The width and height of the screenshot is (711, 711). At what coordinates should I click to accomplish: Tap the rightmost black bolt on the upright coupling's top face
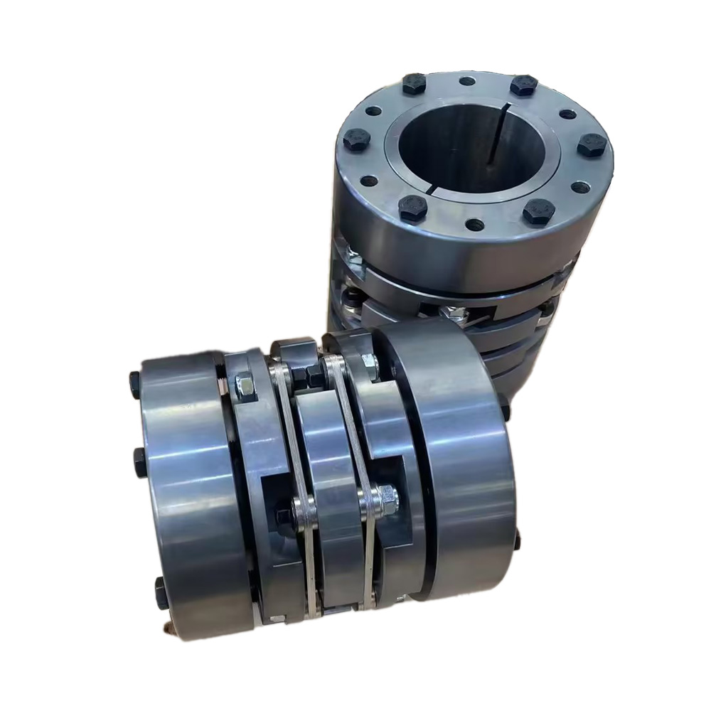point(592,145)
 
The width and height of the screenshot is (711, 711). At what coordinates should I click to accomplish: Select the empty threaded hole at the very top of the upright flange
point(467,80)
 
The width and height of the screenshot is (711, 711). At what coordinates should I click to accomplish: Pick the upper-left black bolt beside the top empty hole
point(414,85)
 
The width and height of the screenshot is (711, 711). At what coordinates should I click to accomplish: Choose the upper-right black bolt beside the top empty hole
point(523,85)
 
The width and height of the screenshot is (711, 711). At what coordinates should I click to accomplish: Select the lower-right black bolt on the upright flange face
point(538,211)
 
